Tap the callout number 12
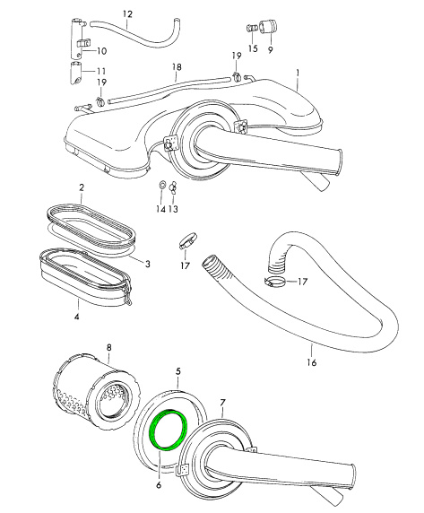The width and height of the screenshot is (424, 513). [128, 14]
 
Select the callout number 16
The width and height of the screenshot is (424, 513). [312, 362]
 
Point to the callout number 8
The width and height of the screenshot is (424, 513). [109, 347]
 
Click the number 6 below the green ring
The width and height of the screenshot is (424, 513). [159, 484]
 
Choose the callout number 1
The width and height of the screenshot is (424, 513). [298, 73]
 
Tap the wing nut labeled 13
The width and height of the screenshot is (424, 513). [172, 188]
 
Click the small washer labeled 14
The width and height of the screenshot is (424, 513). [161, 185]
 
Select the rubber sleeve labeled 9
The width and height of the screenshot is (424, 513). [268, 27]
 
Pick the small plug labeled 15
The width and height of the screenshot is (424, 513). [251, 28]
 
